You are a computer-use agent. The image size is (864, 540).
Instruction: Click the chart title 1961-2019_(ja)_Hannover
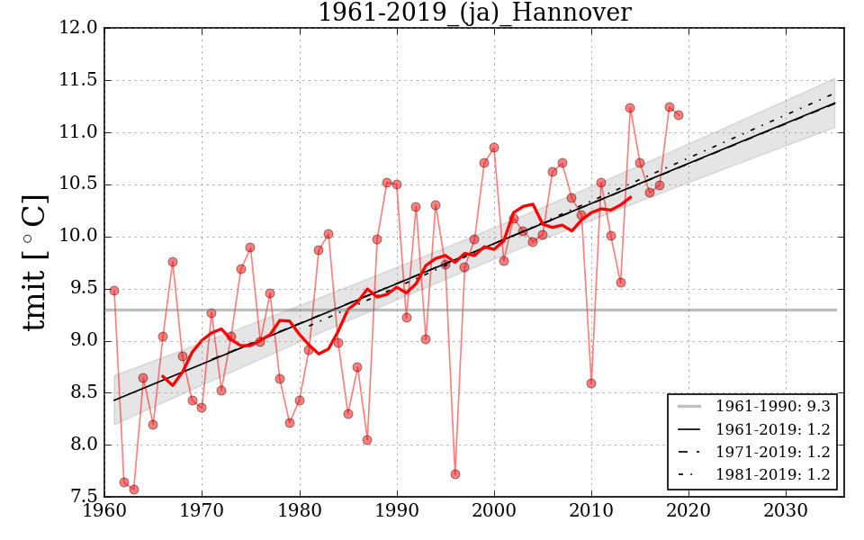coord(474,13)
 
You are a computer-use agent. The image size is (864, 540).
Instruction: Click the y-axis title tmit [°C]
coord(34,262)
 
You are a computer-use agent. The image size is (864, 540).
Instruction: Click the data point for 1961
coord(114,291)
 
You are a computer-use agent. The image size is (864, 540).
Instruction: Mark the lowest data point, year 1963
coord(134,490)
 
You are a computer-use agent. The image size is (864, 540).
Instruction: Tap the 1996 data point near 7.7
coord(455,474)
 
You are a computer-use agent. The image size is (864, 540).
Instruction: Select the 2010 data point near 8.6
coord(591,383)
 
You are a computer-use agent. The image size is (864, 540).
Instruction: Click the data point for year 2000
coord(494,148)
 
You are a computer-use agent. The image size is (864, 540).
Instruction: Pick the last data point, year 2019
coord(679,115)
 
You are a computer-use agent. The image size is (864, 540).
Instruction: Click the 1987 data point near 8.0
coord(367,440)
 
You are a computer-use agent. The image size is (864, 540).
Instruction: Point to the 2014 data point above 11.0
coord(630,108)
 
